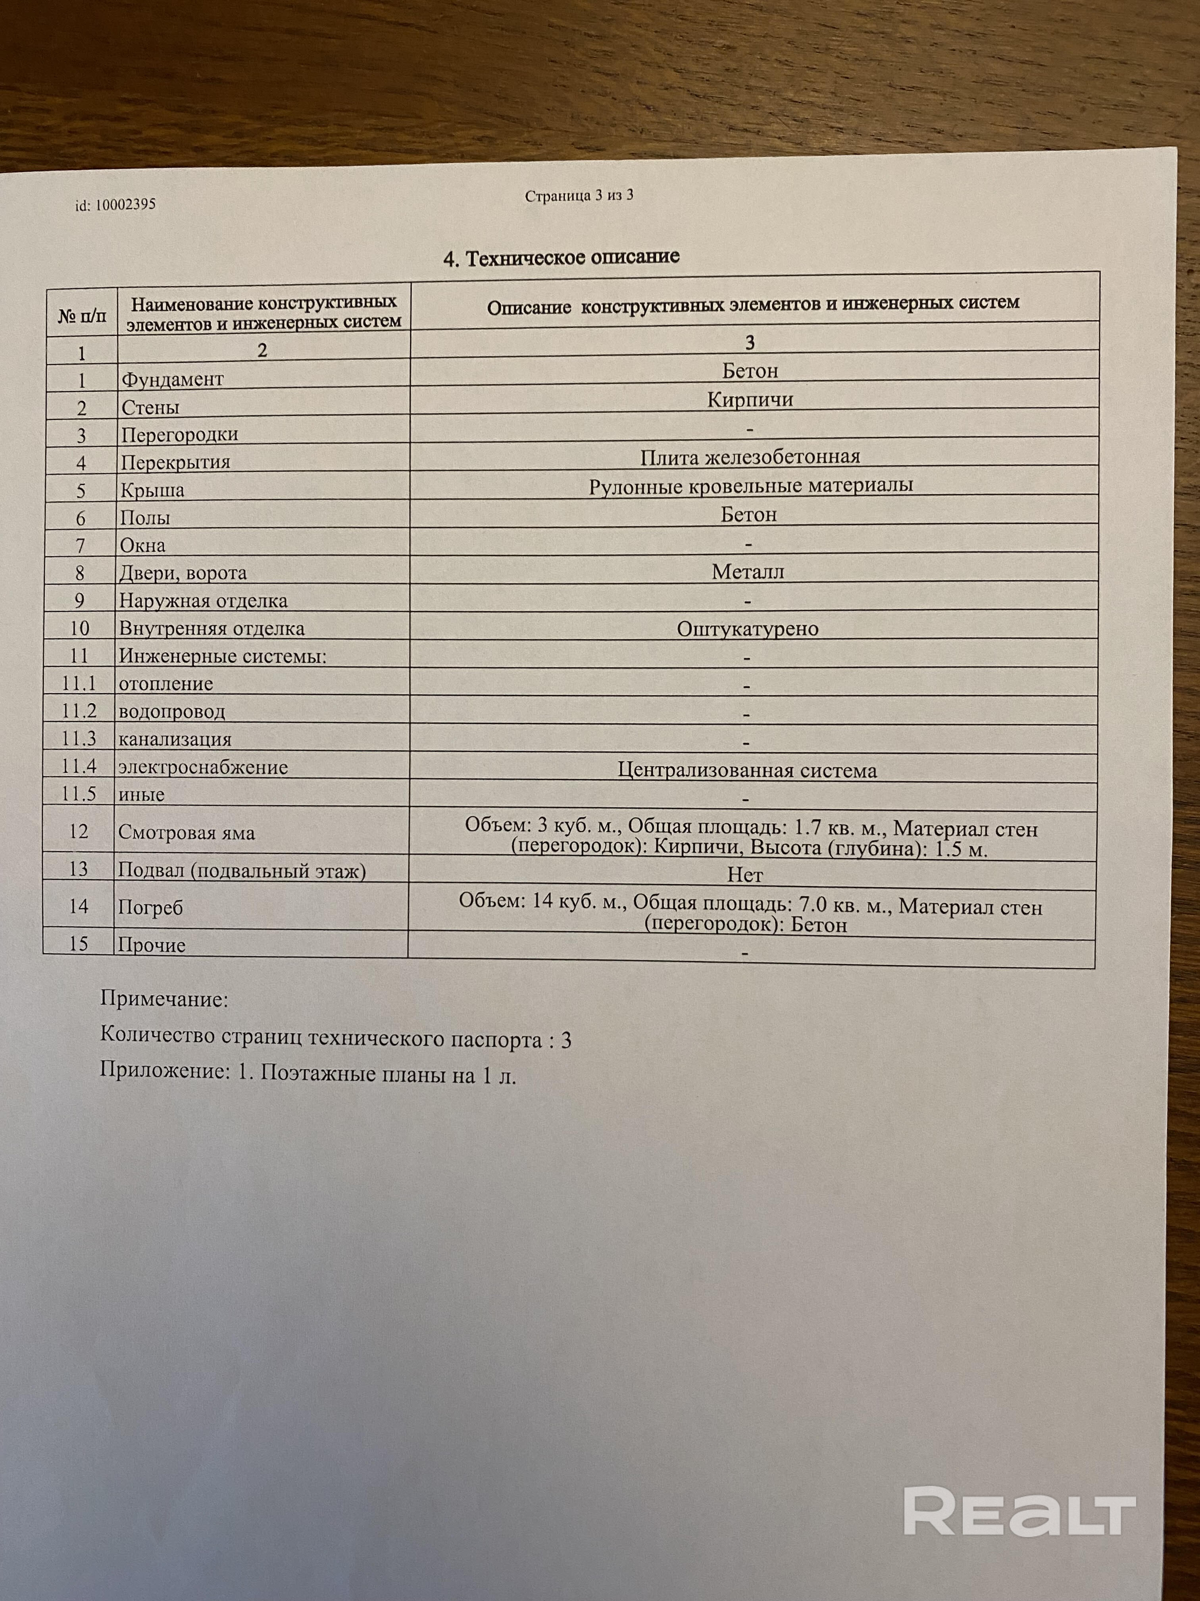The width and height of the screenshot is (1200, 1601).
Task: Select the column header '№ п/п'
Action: pyautogui.click(x=82, y=316)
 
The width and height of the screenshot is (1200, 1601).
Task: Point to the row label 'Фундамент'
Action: pyautogui.click(x=172, y=379)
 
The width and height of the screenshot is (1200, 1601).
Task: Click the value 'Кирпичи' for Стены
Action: pyautogui.click(x=750, y=399)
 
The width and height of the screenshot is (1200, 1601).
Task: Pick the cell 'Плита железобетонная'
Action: pyautogui.click(x=750, y=457)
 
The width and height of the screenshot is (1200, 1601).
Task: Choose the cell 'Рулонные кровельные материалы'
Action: pyautogui.click(x=750, y=485)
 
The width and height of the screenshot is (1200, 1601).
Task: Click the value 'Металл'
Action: pyautogui.click(x=748, y=572)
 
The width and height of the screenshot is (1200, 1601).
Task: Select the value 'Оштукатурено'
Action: pyautogui.click(x=747, y=629)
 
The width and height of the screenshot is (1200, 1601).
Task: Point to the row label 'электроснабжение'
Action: pyautogui.click(x=203, y=767)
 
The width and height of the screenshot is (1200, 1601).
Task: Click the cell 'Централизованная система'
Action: pyautogui.click(x=747, y=770)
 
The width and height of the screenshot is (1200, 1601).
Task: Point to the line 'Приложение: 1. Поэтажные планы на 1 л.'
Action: pyautogui.click(x=308, y=1074)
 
